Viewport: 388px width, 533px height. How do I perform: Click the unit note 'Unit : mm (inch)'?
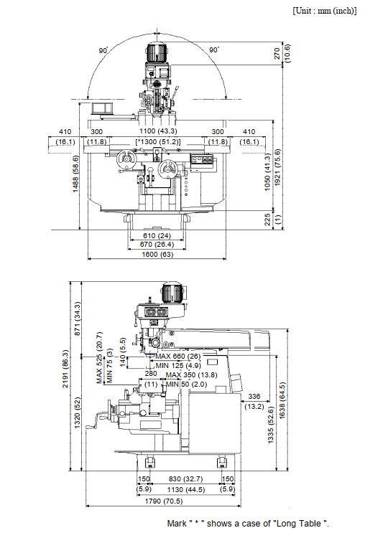(324, 11)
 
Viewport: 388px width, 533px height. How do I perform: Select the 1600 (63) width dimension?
(157, 254)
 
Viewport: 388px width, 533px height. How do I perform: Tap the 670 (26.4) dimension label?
(157, 245)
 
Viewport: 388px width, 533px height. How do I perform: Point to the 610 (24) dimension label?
(157, 235)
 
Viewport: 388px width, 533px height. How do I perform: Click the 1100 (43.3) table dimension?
(158, 131)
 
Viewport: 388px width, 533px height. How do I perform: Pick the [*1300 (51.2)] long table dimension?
(158, 142)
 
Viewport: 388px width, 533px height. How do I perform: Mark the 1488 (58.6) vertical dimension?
(75, 174)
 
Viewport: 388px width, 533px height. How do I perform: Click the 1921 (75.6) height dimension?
(277, 167)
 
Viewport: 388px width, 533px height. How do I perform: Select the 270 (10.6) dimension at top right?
(282, 53)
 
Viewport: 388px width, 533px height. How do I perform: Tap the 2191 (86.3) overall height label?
(65, 369)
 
